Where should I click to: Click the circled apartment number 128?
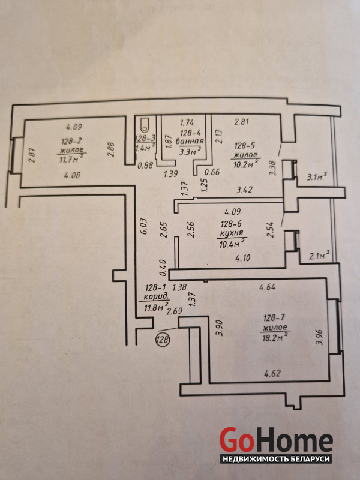(x=162, y=340)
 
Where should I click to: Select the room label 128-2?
(x=71, y=142)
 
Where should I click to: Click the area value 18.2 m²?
(x=274, y=337)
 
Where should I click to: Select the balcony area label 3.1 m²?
(x=316, y=176)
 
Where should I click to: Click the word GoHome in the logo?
(x=275, y=440)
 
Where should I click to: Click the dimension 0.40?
(x=161, y=262)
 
